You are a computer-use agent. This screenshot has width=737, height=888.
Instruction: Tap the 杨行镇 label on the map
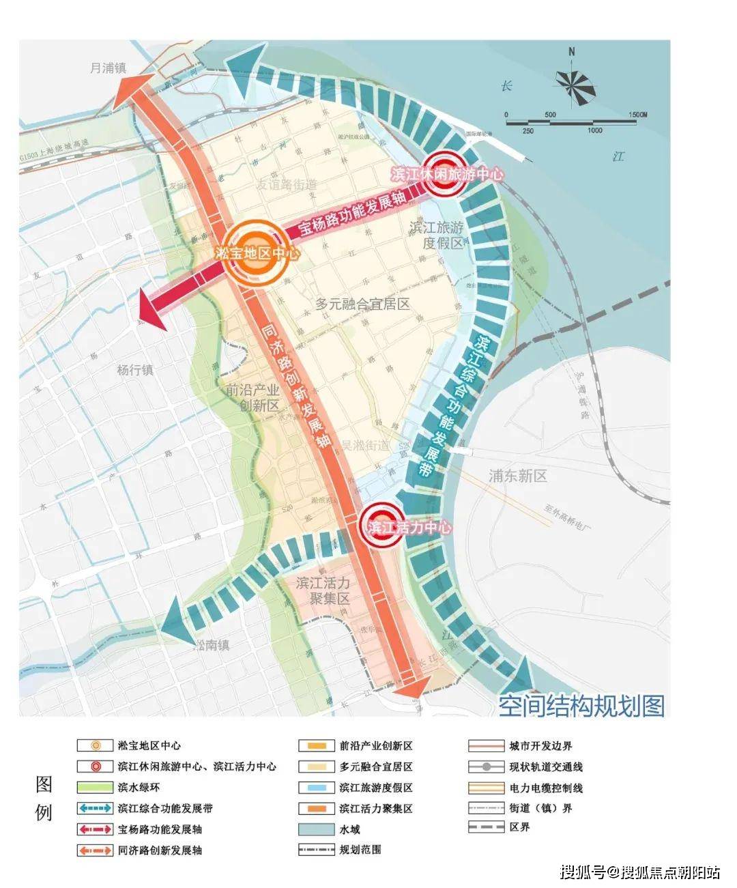click(135, 370)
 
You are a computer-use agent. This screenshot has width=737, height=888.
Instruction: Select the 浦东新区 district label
click(518, 476)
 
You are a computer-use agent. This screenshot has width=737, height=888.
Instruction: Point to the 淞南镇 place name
click(212, 645)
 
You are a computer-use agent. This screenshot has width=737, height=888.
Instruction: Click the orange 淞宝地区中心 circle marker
click(256, 253)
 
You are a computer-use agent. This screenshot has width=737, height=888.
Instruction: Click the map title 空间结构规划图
click(581, 705)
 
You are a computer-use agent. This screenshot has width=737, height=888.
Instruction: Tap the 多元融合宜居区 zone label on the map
click(363, 304)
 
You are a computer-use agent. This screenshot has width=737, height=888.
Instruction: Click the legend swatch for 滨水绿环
click(95, 788)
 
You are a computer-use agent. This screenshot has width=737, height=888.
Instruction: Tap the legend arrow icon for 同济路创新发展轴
click(95, 850)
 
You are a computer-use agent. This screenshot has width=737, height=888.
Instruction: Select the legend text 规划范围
click(360, 850)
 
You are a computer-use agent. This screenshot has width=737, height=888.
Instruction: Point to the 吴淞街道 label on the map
click(365, 445)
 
